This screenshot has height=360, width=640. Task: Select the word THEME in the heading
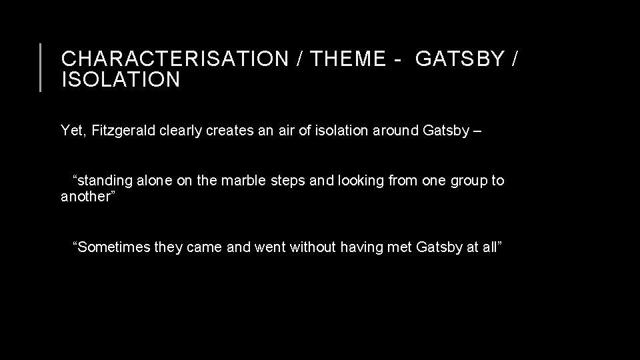pos(348,60)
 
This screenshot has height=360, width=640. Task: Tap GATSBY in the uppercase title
pos(460,60)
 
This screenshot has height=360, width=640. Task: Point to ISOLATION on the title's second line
pos(121,81)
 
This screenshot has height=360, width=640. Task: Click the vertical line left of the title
pos(41,67)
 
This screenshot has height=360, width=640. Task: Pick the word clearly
pos(183,131)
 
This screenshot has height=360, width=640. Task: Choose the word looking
pos(360,181)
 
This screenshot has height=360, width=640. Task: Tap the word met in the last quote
pos(400,247)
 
